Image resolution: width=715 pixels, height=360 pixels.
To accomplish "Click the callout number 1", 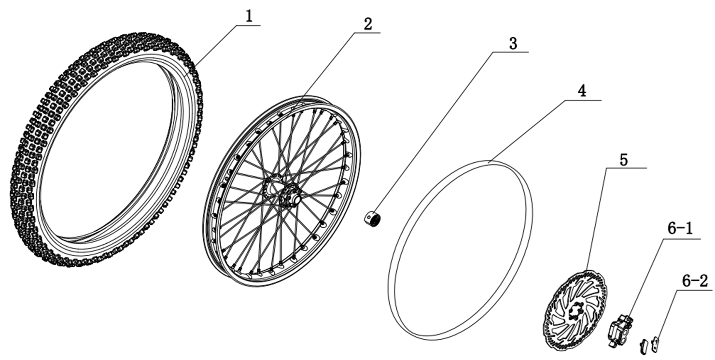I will pos(249,16).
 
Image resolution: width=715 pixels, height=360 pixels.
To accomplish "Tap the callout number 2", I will pos(368,24).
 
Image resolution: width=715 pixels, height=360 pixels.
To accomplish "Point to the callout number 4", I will pos(583,91).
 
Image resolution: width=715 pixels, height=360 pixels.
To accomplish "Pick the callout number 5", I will pos(624,160).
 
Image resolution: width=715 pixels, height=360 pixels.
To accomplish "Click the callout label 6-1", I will pos(680,230).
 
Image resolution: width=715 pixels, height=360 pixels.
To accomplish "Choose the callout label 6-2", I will pos(695,280).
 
